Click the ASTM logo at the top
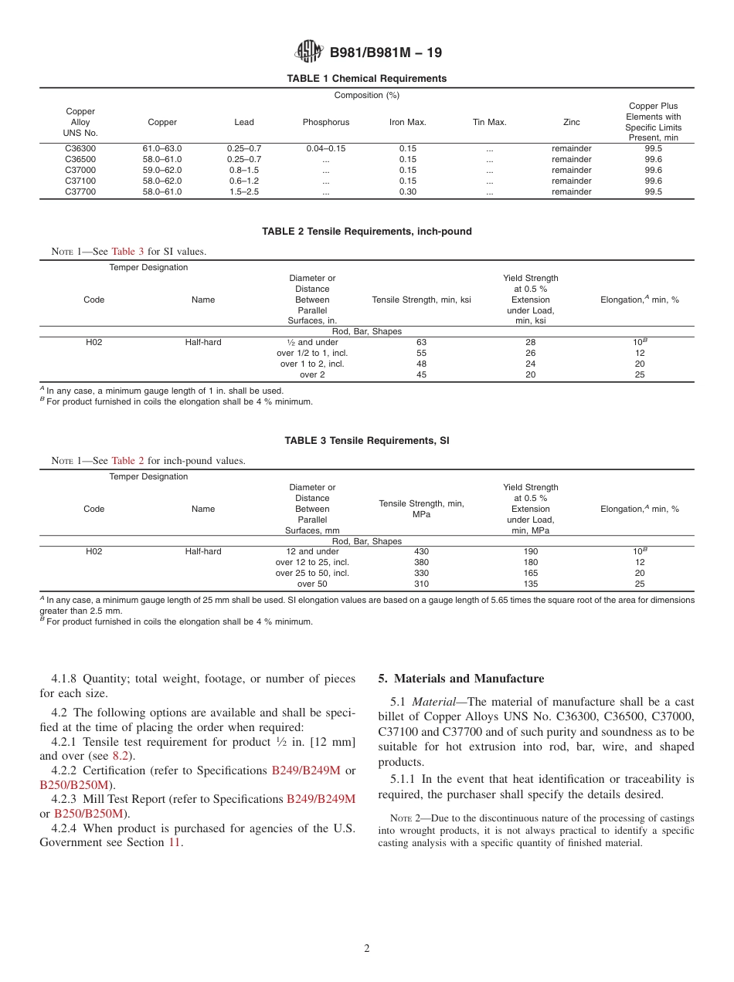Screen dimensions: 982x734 309,52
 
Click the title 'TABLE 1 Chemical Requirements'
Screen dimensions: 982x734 366,79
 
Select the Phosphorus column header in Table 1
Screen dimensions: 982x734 325,122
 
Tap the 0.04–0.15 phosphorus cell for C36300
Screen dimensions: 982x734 325,148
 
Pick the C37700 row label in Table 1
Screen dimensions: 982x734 80,191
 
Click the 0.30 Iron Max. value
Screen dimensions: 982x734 407,191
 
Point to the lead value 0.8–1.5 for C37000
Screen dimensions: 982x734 244,170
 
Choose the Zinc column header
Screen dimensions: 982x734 572,122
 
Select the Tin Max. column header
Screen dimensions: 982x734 489,122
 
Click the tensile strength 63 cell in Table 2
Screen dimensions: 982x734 421,342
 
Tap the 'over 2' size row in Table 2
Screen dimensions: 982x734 312,374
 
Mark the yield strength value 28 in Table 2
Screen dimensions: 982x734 530,342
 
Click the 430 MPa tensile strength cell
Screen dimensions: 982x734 421,551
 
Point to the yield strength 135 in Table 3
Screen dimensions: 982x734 530,584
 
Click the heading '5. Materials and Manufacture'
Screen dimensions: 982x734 460,679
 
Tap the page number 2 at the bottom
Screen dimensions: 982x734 367,949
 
